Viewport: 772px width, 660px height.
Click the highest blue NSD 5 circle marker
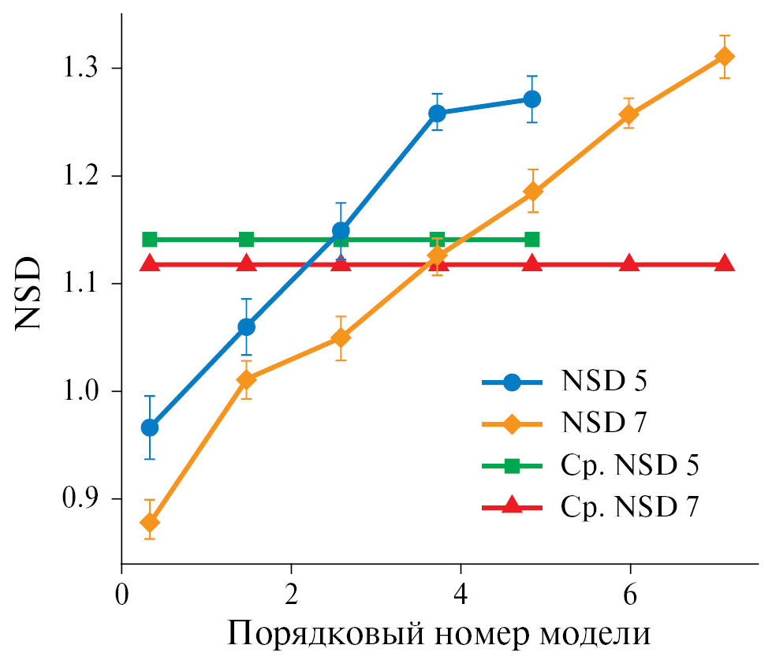(x=532, y=99)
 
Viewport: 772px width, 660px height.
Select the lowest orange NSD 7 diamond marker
(x=150, y=523)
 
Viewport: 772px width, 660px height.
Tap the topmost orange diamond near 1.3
(x=725, y=57)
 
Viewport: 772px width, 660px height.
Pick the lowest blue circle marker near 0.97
(x=150, y=427)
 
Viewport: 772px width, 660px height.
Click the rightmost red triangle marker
(x=725, y=263)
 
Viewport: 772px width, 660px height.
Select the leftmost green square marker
(x=150, y=239)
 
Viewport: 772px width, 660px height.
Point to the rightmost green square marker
(x=532, y=239)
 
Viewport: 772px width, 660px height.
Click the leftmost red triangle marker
(x=150, y=263)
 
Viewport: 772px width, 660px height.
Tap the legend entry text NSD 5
(x=605, y=382)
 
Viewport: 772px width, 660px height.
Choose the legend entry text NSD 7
(x=605, y=423)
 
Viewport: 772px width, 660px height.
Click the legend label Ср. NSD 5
(x=631, y=465)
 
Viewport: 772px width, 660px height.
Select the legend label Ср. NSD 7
(x=631, y=507)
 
